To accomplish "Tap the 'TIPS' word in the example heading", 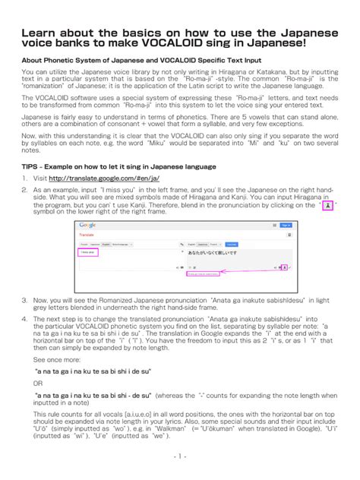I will [x=33, y=163].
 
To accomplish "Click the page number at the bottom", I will [x=179, y=456].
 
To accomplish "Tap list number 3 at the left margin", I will [x=24, y=300].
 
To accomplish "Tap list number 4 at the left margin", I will [x=24, y=320].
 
